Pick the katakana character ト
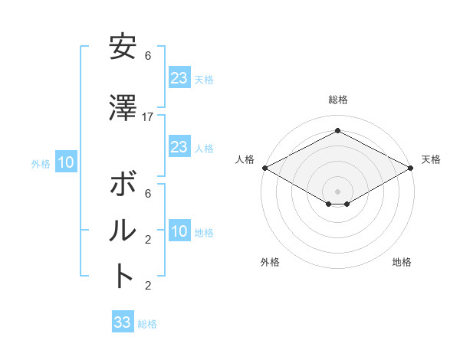pyautogui.click(x=122, y=275)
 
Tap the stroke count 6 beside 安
pyautogui.click(x=148, y=56)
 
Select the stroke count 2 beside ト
pyautogui.click(x=148, y=286)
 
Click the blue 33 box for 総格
pyautogui.click(x=123, y=322)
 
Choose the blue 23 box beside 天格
pyautogui.click(x=179, y=78)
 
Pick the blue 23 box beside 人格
pyautogui.click(x=179, y=147)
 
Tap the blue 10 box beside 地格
pyautogui.click(x=179, y=231)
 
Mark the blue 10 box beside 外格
pyautogui.click(x=65, y=162)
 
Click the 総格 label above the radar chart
pyautogui.click(x=338, y=100)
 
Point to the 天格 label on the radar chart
pyautogui.click(x=431, y=159)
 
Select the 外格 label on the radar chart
pyautogui.click(x=270, y=262)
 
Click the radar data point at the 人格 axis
pyautogui.click(x=264, y=168)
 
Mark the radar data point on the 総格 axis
pyautogui.click(x=338, y=131)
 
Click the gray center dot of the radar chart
pyautogui.click(x=338, y=190)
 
